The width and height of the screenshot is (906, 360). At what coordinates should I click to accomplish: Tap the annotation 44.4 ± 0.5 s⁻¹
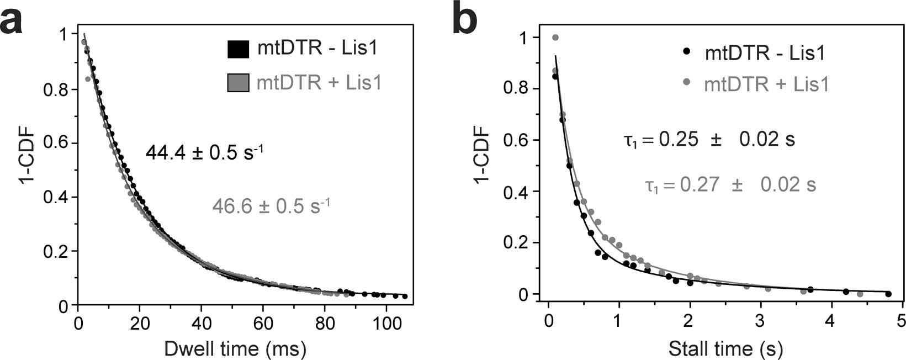(204, 152)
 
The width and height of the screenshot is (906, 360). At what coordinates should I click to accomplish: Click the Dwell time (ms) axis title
(235, 348)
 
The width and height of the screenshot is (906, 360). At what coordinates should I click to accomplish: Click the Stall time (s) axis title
(725, 348)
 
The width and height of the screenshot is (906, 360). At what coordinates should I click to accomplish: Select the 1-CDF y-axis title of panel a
(28, 166)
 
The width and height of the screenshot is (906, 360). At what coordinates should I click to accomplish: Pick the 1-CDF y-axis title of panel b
(482, 166)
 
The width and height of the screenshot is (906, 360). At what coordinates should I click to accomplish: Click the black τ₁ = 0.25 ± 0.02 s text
(709, 140)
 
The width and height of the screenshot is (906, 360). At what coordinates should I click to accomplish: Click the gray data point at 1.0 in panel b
(555, 38)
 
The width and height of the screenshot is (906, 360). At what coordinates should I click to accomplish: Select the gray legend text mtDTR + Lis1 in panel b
(766, 84)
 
